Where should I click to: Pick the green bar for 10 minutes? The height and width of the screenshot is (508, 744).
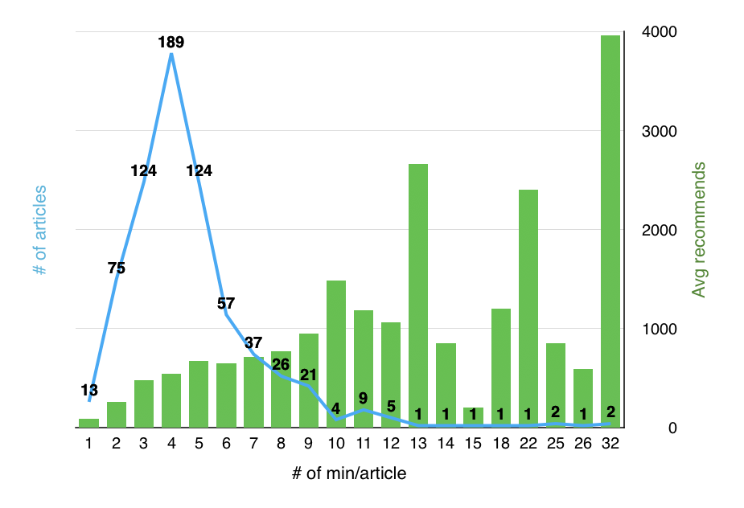[335, 354]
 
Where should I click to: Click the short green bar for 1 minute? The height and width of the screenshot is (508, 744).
[88, 423]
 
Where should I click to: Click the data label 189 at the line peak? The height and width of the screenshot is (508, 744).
[171, 43]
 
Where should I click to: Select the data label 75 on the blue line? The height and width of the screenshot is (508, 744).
[116, 268]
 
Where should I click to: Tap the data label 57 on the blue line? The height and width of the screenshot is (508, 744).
[226, 303]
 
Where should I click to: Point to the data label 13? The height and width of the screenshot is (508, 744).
[89, 390]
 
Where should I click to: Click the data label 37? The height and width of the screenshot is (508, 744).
[253, 341]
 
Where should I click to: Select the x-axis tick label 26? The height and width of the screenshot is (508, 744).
[582, 444]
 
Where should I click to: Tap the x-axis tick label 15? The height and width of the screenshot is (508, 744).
[473, 444]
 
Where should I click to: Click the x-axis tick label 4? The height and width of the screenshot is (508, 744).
[171, 444]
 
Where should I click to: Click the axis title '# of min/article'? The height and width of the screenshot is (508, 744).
[349, 473]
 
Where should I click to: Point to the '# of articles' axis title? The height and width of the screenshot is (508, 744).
[40, 231]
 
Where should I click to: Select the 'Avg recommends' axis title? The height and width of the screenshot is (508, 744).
[700, 230]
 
